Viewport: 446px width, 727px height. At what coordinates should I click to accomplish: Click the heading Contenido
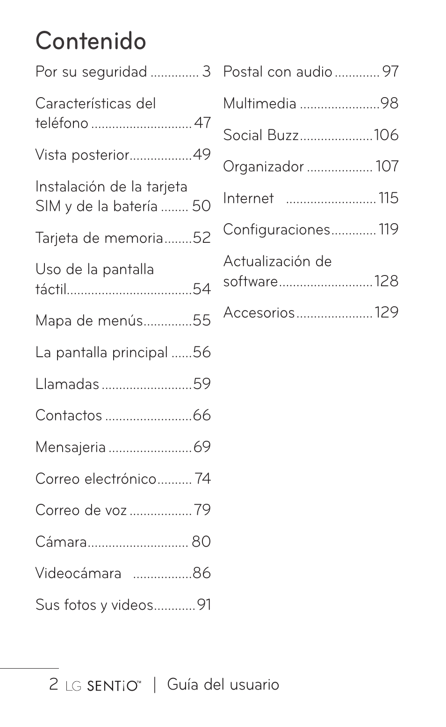(x=91, y=41)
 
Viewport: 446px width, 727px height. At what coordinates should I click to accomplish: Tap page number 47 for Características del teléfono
(x=202, y=123)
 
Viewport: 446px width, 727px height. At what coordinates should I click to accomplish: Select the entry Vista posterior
(x=82, y=155)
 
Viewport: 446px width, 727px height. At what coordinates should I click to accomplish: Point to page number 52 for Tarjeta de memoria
(x=201, y=238)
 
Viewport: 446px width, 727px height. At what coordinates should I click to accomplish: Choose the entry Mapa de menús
(x=89, y=321)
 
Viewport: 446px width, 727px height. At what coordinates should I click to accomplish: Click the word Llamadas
(x=67, y=384)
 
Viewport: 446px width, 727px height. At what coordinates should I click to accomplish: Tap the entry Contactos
(x=69, y=416)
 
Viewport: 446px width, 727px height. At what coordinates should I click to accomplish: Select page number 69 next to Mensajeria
(x=202, y=447)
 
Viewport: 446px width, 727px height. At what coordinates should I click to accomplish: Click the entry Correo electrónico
(x=96, y=479)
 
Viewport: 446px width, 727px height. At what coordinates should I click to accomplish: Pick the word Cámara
(x=61, y=542)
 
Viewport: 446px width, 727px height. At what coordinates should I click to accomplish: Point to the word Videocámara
(x=79, y=573)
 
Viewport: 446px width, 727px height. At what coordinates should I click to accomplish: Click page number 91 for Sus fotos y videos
(x=204, y=605)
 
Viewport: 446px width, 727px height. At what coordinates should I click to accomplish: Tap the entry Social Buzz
(x=261, y=135)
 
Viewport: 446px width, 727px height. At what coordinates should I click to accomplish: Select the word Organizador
(x=264, y=167)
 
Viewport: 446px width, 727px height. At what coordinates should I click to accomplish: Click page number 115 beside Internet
(x=388, y=198)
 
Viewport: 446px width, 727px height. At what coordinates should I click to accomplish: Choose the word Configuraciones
(x=277, y=230)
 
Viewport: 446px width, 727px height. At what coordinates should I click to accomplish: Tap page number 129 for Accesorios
(x=386, y=312)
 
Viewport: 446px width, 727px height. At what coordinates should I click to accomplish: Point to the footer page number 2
(x=54, y=685)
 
